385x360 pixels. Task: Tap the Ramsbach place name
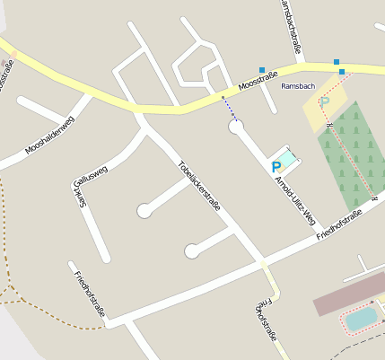click(297, 86)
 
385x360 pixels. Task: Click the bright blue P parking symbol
click(276, 166)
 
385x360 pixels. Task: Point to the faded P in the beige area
click(325, 102)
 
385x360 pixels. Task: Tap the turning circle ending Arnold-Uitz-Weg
click(236, 127)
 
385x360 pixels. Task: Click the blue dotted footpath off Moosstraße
click(228, 108)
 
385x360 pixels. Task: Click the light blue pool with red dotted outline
click(362, 319)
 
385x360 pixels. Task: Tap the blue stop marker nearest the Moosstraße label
click(262, 70)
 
